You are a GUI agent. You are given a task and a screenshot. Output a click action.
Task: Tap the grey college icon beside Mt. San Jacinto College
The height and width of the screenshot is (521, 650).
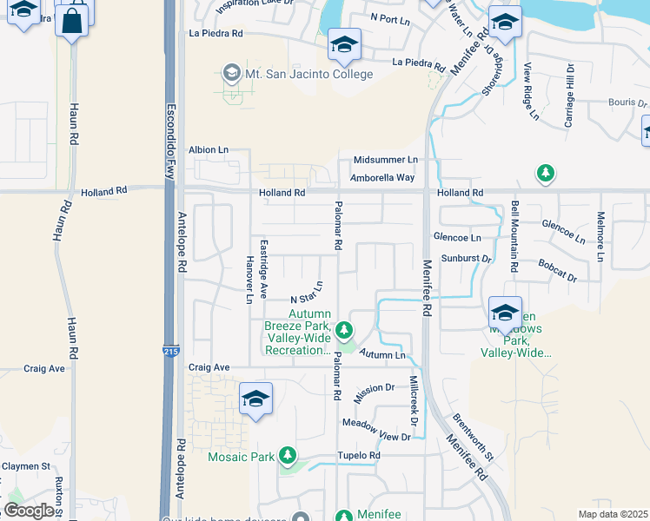[231, 73]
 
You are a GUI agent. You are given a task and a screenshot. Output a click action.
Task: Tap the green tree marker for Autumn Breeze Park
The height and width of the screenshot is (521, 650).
[345, 330]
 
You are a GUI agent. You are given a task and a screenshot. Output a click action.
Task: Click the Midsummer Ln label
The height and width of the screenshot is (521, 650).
[386, 161]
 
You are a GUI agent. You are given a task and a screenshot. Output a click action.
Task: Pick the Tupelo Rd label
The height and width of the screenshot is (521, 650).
[359, 456]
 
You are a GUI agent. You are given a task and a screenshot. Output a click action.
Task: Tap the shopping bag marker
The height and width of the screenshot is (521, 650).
[73, 20]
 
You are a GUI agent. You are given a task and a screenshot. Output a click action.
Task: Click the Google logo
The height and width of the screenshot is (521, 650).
[28, 511]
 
